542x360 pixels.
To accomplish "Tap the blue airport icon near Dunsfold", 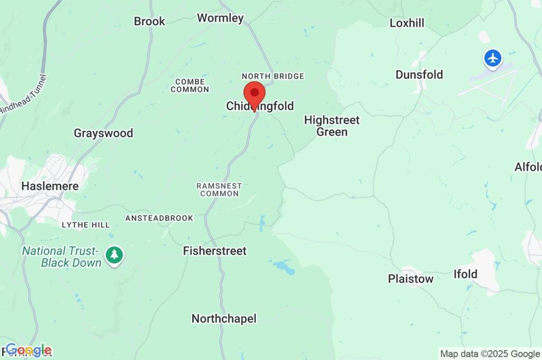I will point(493,58).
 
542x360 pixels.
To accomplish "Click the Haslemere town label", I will point(50,186).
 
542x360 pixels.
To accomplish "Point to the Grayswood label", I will point(103,133).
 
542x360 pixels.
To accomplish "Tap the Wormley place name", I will point(220,18).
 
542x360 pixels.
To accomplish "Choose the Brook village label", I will point(149,21).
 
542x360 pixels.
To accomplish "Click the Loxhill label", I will point(407,23).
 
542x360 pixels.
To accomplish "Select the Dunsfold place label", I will point(419,75).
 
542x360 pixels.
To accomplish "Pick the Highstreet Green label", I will point(332,126).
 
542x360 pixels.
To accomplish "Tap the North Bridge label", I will point(273,76).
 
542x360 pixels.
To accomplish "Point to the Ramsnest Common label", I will point(219,190).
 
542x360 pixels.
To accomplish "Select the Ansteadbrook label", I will point(159,218).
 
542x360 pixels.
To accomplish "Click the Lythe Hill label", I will point(86,224).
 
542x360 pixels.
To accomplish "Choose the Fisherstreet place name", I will point(214,250).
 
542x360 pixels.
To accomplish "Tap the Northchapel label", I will point(224,319).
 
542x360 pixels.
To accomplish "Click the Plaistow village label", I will point(411,278).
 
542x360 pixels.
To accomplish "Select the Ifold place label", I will point(465,274).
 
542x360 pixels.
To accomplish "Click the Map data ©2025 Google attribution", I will point(490,354).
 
